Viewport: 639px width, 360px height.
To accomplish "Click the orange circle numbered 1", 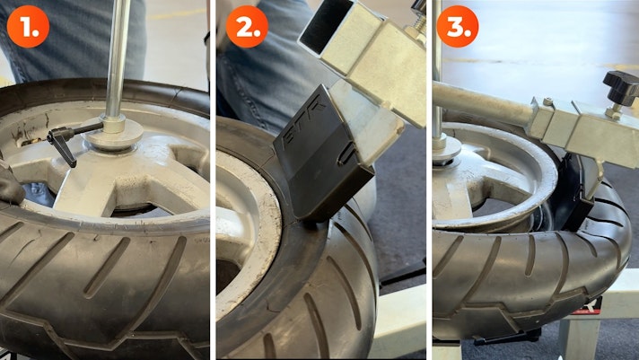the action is (28, 26).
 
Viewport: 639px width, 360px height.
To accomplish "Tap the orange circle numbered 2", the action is (247, 26).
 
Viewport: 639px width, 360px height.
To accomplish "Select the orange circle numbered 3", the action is (458, 26).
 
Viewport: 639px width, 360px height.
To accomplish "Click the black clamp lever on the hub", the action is (69, 141).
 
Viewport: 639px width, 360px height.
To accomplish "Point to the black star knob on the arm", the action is (621, 86).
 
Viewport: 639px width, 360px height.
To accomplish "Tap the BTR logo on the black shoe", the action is (314, 114).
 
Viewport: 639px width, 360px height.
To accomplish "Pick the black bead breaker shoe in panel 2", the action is (322, 155).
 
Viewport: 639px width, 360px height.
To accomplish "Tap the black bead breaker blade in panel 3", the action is (574, 191).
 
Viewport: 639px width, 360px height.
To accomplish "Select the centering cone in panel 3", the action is (446, 152).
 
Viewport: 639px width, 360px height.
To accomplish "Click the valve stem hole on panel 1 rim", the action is (28, 142).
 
